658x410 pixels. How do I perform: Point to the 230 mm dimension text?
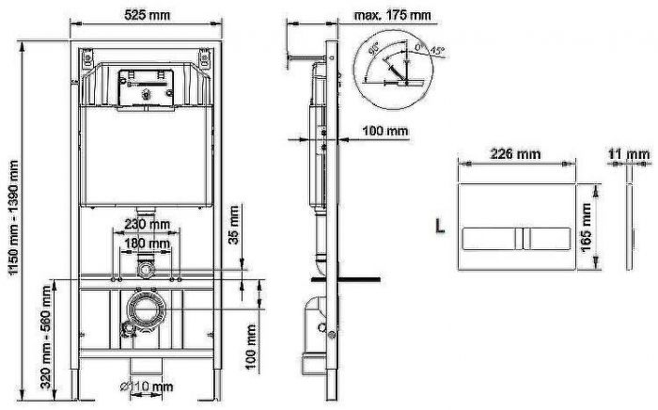click(x=147, y=225)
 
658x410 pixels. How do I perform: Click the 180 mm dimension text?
click(x=147, y=244)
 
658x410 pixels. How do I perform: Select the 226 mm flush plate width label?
click(x=517, y=152)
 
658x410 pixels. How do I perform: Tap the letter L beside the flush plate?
click(x=439, y=227)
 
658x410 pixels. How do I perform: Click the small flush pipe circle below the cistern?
click(x=145, y=270)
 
